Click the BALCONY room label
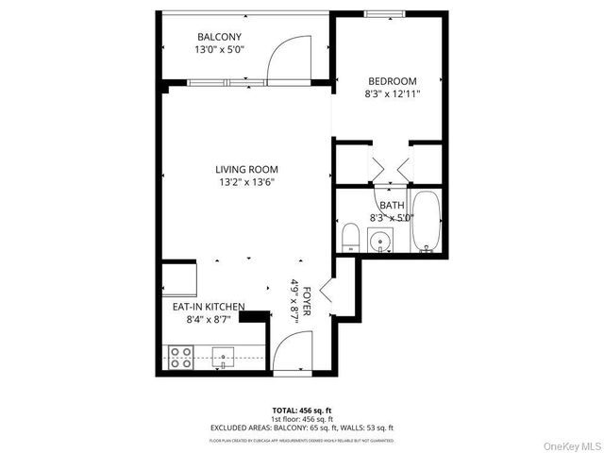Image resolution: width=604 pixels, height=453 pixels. [219, 37]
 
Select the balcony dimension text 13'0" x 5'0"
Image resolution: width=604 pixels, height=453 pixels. [219, 50]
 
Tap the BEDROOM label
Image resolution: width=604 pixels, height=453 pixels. [391, 81]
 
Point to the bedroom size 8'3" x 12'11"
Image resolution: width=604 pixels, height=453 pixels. [391, 94]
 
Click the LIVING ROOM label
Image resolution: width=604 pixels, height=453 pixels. [246, 170]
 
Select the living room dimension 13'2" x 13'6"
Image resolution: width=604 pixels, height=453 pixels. [246, 183]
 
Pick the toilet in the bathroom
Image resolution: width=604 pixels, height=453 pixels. [349, 238]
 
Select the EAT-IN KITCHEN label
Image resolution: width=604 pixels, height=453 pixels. [208, 308]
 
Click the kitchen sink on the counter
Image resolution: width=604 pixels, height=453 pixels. [223, 356]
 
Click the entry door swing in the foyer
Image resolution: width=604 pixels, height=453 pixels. [288, 351]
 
